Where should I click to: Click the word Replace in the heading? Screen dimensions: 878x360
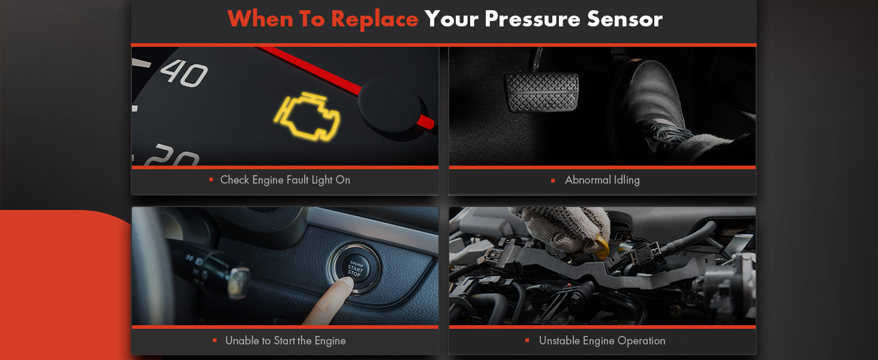374,19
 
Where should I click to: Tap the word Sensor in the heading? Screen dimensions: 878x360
624,19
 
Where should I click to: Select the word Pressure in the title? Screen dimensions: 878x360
532,19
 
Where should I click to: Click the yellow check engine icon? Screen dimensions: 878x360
307,116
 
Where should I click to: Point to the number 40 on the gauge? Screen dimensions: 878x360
184,73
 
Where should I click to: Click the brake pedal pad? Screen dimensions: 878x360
542,92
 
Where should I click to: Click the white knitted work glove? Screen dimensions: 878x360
564,228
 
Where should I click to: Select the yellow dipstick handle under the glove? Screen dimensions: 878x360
600,246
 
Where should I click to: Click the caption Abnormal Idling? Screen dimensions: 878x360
602,180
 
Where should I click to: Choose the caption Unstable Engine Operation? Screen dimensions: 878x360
602,341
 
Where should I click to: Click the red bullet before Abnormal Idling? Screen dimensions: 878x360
553,181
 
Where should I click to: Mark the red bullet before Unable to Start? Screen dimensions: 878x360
215,340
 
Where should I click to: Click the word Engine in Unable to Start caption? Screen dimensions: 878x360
330,341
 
